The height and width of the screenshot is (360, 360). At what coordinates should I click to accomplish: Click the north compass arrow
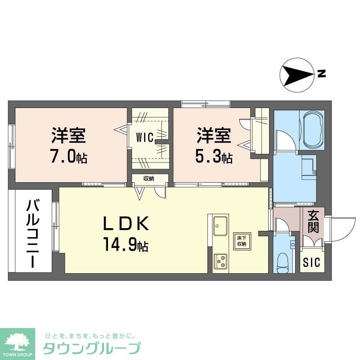(x=296, y=75)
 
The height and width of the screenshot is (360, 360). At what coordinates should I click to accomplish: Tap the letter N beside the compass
(x=321, y=74)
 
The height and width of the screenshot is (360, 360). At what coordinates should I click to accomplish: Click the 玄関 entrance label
(x=314, y=221)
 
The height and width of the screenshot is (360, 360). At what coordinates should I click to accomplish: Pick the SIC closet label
(x=311, y=262)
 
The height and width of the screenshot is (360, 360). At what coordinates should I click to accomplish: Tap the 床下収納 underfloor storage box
(x=242, y=241)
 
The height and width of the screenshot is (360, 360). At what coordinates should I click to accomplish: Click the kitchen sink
(x=220, y=224)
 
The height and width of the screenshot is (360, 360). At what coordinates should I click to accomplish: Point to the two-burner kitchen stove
(x=220, y=261)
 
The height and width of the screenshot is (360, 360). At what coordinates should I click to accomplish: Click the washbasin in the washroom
(x=309, y=167)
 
